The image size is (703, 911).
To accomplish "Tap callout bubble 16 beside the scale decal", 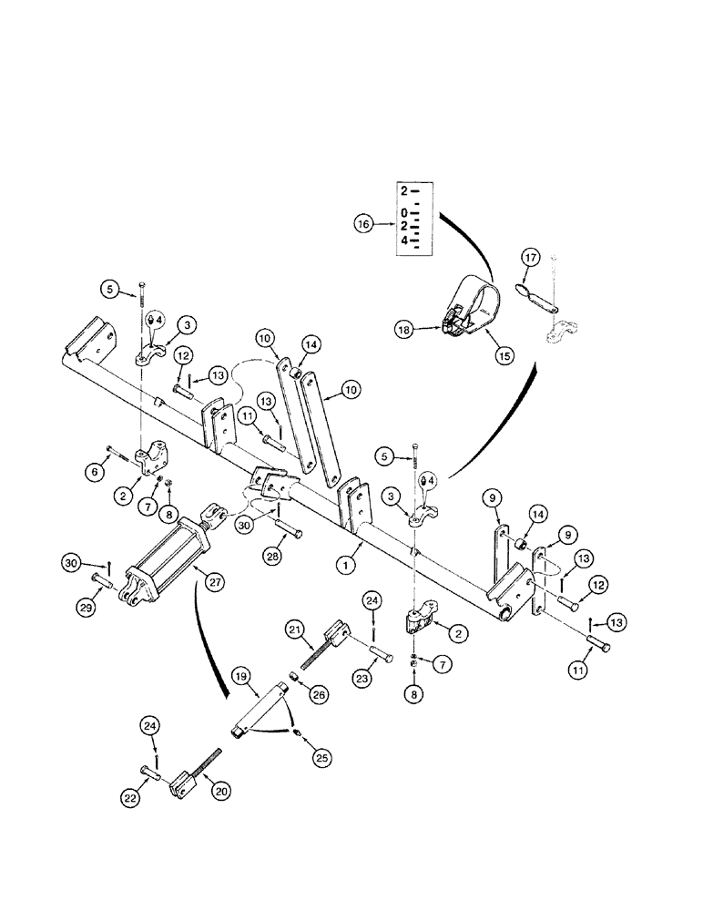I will point(363,221).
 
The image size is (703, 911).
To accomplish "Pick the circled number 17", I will point(530,260).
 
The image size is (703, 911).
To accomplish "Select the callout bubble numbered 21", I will point(296,630).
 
